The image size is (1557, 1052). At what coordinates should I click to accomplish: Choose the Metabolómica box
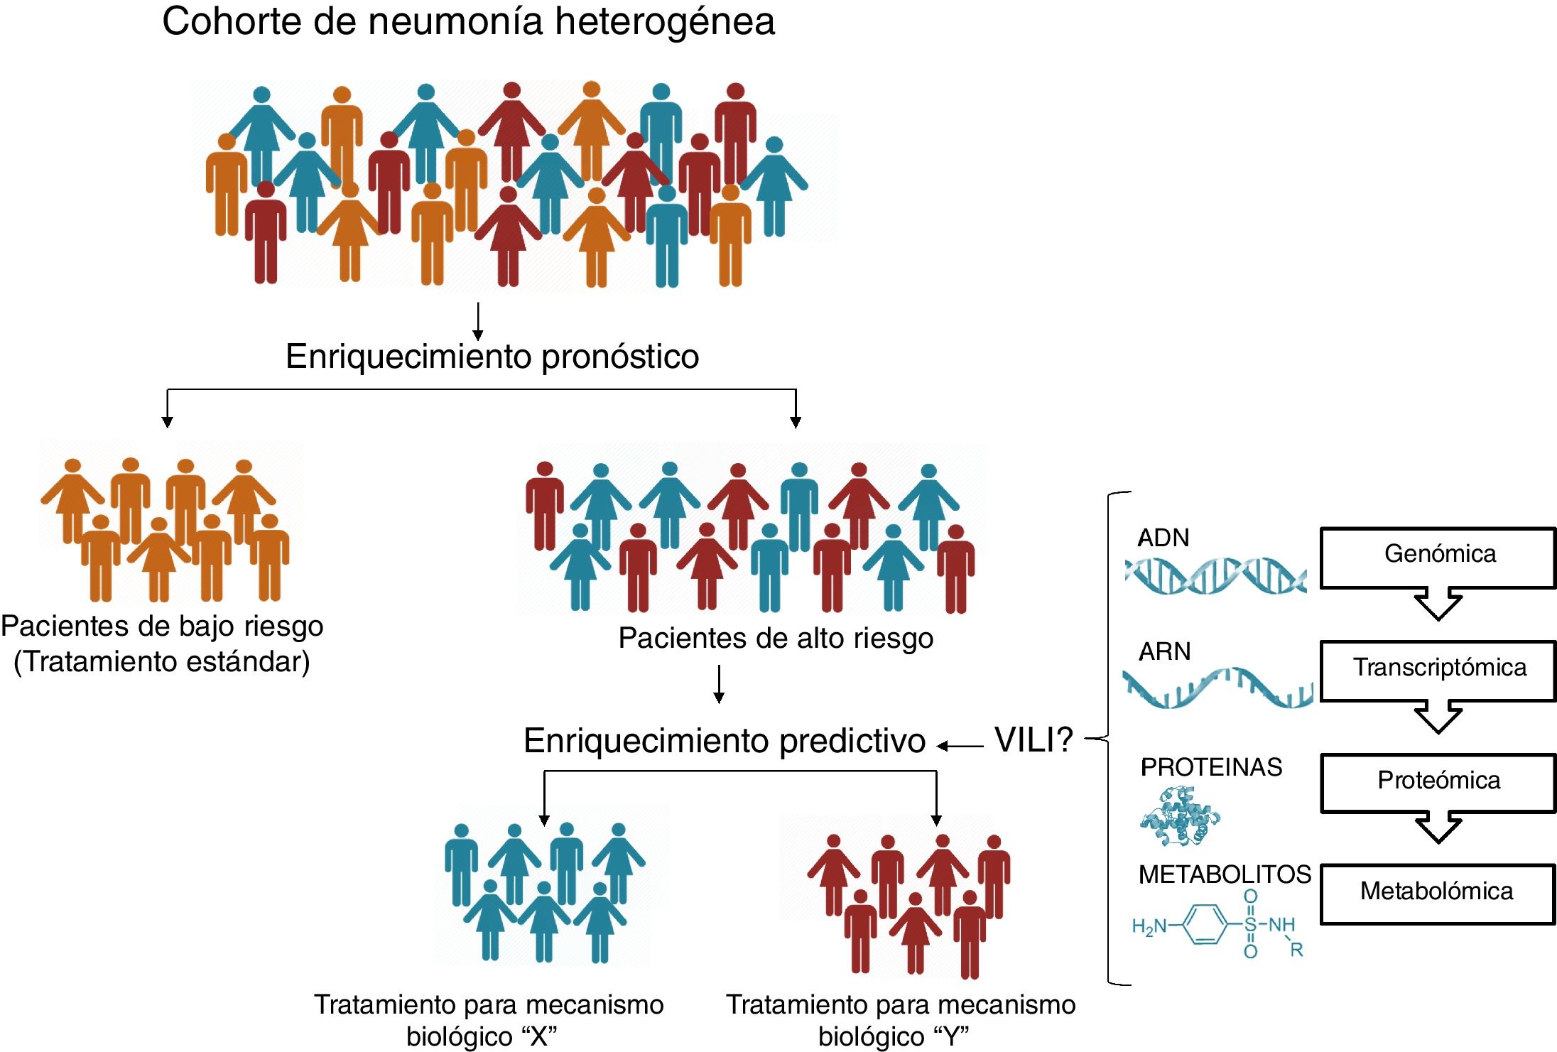[x=1438, y=893]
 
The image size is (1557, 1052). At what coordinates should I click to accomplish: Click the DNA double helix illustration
[x=1215, y=575]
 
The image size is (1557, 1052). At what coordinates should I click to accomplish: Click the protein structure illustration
[x=1179, y=817]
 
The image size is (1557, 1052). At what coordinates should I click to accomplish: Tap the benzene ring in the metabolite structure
[x=1206, y=924]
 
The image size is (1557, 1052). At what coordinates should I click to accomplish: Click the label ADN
[x=1163, y=538]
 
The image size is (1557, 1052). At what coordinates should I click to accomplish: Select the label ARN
[x=1164, y=651]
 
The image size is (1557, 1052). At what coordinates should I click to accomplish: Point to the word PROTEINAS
[x=1211, y=767]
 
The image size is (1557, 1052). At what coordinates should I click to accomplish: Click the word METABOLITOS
[x=1225, y=874]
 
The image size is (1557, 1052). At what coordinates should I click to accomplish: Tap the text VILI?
[x=1034, y=740]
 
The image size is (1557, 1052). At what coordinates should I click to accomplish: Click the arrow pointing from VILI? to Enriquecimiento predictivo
[x=960, y=746]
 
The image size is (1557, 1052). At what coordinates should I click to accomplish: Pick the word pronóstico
[x=620, y=357]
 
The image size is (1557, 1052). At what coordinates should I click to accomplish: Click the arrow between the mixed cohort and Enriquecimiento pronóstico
[x=478, y=321]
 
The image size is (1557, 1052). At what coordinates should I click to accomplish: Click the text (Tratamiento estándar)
[x=162, y=662]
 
